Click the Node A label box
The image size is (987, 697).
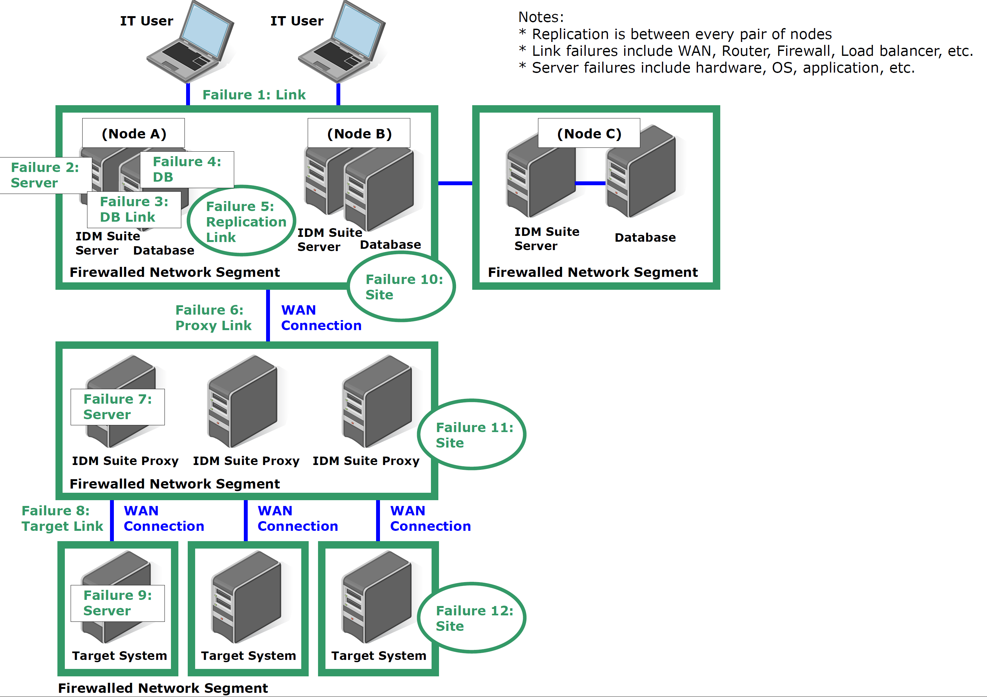point(133,133)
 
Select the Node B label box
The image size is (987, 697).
point(359,133)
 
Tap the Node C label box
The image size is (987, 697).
point(589,133)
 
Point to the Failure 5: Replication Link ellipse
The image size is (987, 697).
point(242,221)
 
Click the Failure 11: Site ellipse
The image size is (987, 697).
point(472,435)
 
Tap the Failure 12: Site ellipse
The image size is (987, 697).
point(472,618)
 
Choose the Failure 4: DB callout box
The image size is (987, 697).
point(187,169)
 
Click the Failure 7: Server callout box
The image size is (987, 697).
point(117,407)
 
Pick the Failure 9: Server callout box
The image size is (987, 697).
point(117,603)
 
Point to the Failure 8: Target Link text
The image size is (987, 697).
point(62,518)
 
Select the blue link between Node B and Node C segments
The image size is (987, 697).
point(455,183)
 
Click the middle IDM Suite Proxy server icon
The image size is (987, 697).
point(243,402)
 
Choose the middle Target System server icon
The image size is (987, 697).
point(247,598)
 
